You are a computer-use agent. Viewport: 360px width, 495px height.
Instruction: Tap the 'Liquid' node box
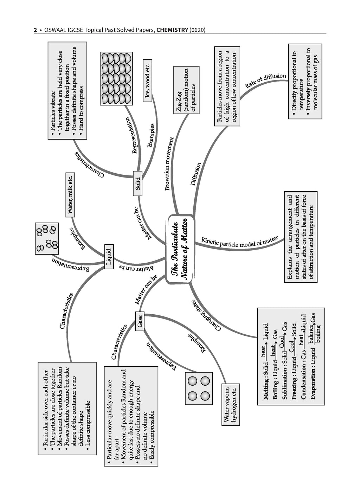pyautogui.click(x=109, y=257)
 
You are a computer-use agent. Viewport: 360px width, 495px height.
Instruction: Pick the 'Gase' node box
pyautogui.click(x=140, y=321)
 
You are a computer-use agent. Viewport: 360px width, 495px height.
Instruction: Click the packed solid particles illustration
pyautogui.click(x=116, y=78)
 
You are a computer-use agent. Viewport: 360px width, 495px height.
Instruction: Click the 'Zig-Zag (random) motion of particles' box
pyautogui.click(x=186, y=90)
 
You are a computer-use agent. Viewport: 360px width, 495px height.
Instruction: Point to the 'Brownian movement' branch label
pyautogui.click(x=170, y=163)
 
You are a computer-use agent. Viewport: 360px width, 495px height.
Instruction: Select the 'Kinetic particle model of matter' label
pyautogui.click(x=239, y=242)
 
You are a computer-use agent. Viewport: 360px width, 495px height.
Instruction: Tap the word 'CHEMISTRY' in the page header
pyautogui.click(x=172, y=30)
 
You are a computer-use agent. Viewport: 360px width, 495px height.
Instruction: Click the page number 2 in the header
pyautogui.click(x=35, y=30)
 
